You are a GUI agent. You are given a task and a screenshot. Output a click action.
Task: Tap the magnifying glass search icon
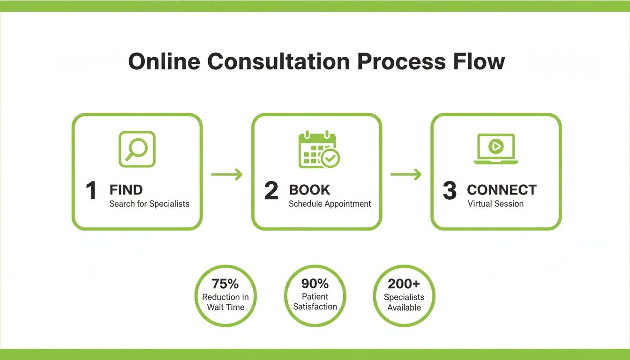click(137, 149)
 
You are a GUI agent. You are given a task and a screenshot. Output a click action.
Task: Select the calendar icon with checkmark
click(319, 150)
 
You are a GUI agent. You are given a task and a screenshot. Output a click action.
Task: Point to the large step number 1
click(91, 191)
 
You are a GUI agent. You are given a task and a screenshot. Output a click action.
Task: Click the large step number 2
click(271, 191)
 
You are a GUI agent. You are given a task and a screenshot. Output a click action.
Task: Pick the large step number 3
click(449, 191)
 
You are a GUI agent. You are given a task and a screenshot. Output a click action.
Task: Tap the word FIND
click(126, 190)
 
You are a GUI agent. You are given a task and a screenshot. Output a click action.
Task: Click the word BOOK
click(309, 190)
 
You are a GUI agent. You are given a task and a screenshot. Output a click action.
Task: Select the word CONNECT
click(502, 190)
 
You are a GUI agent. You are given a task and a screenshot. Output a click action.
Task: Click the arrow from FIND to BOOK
click(227, 175)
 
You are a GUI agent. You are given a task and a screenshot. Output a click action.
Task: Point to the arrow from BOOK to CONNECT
click(406, 175)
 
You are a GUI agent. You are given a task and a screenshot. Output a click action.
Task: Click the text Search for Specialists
click(149, 204)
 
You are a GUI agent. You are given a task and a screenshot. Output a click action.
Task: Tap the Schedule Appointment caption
click(330, 204)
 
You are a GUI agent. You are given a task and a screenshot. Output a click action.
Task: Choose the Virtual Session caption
click(495, 204)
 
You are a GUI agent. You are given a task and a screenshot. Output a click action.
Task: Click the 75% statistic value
click(225, 284)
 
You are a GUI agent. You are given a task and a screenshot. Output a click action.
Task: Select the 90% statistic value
click(315, 284)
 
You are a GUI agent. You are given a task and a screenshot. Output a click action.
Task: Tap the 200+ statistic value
click(404, 284)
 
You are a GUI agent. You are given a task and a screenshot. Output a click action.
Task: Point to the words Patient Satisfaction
click(315, 302)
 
